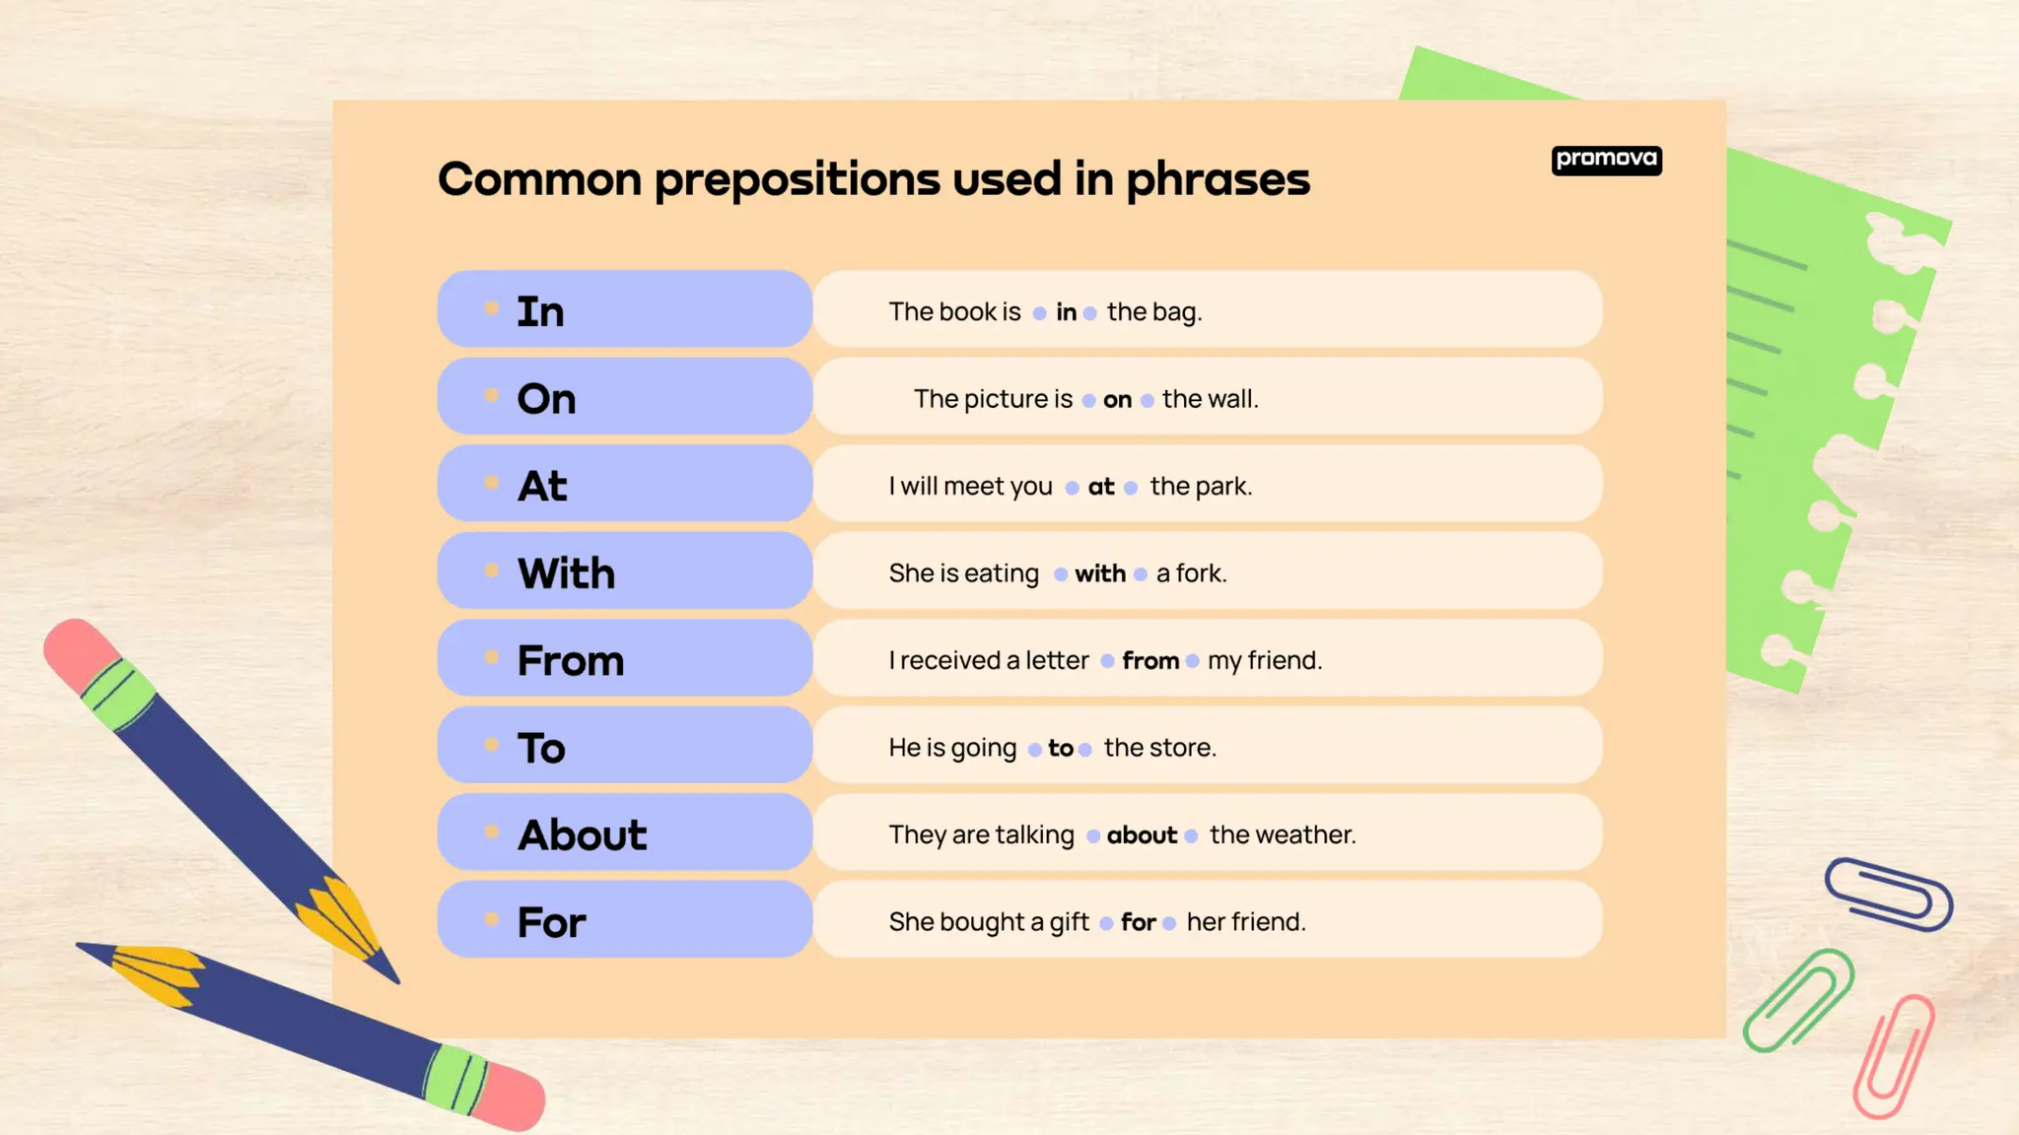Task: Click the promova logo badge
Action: click(x=1606, y=160)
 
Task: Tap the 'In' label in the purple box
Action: click(x=540, y=311)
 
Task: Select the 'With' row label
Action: click(x=566, y=573)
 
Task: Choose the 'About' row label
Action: click(x=582, y=835)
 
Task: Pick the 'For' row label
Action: click(x=551, y=923)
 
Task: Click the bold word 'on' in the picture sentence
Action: click(x=1117, y=400)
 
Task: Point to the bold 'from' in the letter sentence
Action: click(x=1150, y=661)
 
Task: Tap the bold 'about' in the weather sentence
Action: click(x=1142, y=835)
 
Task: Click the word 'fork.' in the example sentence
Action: click(x=1201, y=573)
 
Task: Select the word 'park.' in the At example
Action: click(x=1221, y=487)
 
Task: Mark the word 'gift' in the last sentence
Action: click(x=1069, y=922)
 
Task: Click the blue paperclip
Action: click(x=1888, y=894)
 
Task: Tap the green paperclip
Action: click(x=1797, y=999)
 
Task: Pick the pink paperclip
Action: click(x=1894, y=1056)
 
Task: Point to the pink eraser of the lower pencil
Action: click(x=510, y=1096)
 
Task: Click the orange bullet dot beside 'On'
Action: click(x=492, y=396)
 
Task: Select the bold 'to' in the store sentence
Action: click(x=1060, y=749)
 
